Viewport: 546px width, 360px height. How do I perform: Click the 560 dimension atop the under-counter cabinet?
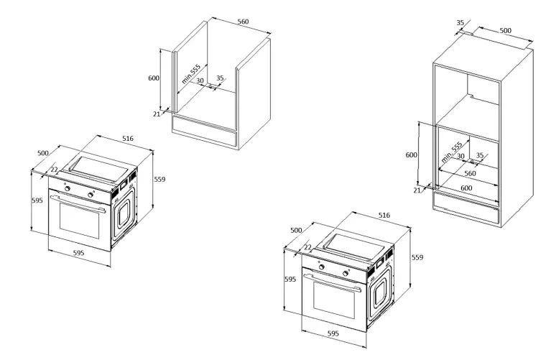click(x=243, y=22)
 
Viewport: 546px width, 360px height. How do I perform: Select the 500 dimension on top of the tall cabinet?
click(x=505, y=31)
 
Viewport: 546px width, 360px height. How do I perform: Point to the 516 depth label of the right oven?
click(x=384, y=215)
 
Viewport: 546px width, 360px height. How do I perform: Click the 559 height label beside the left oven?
click(x=160, y=179)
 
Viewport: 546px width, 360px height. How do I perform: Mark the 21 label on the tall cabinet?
click(x=416, y=190)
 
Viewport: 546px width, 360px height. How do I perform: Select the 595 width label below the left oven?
click(x=78, y=253)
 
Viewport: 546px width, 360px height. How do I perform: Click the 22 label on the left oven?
click(x=53, y=170)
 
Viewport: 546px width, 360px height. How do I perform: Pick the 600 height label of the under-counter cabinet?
click(x=153, y=78)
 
